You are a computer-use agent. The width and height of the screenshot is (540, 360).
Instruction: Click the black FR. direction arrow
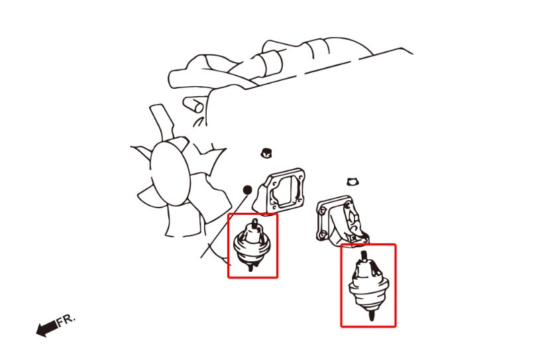(x=47, y=328)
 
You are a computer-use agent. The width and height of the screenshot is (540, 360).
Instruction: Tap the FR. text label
(x=66, y=320)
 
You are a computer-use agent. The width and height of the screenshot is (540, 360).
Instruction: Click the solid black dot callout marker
(x=248, y=190)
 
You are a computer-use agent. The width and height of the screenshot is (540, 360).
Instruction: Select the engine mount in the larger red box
(x=368, y=286)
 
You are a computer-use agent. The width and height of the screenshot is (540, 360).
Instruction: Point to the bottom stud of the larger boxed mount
(x=371, y=315)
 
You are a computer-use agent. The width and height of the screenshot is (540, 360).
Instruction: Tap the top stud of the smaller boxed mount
(x=254, y=223)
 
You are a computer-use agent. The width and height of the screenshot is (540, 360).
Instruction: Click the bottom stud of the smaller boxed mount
(x=250, y=267)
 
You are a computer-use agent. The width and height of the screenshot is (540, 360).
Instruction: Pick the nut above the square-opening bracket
(x=266, y=152)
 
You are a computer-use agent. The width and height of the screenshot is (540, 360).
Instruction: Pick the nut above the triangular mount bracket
(x=352, y=182)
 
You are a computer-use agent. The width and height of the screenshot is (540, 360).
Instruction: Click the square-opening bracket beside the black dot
(x=280, y=191)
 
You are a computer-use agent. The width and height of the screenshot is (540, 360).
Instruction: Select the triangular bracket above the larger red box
(x=341, y=221)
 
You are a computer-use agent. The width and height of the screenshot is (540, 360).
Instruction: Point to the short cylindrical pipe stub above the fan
(x=193, y=103)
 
